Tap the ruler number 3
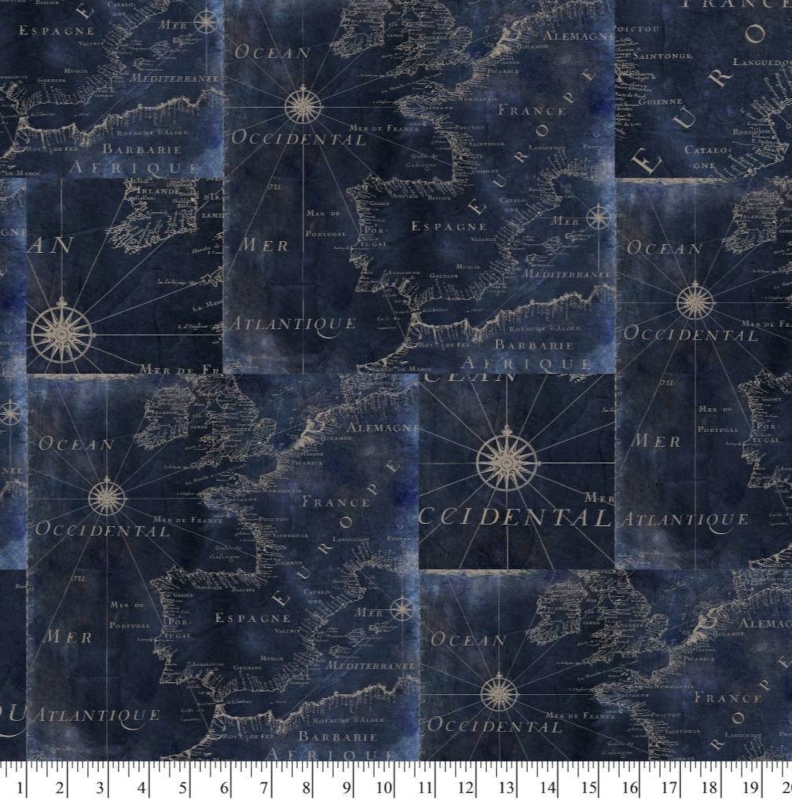(100, 788)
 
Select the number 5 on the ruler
(183, 788)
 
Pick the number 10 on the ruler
(385, 788)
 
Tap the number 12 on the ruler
(466, 788)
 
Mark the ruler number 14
(548, 788)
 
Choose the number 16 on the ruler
(630, 788)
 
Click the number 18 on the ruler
(709, 788)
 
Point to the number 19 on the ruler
(750, 788)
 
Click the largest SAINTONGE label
(662, 56)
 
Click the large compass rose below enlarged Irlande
(61, 333)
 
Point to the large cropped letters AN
(49, 245)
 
